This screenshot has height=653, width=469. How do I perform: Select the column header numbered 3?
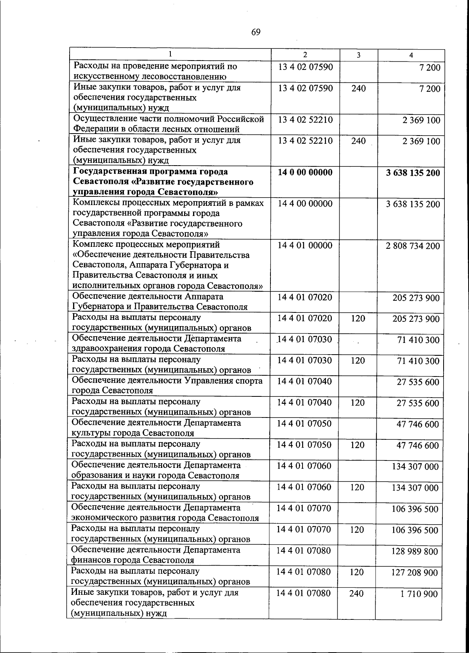pos(358,55)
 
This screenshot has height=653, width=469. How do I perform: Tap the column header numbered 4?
pos(411,55)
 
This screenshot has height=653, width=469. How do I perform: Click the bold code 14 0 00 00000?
pos(305,172)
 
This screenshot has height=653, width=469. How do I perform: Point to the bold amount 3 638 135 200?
pos(413,173)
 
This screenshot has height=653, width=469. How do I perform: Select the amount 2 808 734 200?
pos(413,246)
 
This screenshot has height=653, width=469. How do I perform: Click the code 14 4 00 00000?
pos(305,204)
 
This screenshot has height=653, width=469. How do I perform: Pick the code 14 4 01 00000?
pos(305,246)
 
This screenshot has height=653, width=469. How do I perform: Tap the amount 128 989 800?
pos(415,551)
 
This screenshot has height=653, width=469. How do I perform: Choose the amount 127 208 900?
pos(415,573)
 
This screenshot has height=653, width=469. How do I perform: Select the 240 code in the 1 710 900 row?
pos(356,593)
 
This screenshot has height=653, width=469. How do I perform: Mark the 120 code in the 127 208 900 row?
pos(356,572)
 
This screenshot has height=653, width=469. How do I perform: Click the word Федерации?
pos(94,129)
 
